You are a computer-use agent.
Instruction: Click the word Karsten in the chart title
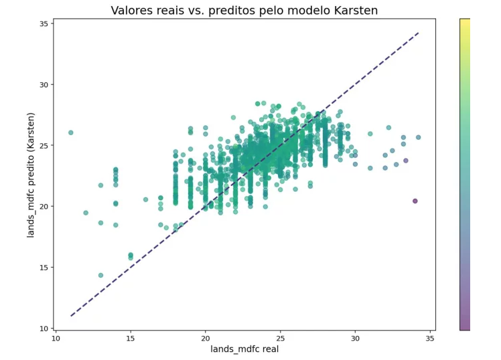[x=356, y=11]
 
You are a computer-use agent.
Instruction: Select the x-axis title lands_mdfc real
[x=244, y=349]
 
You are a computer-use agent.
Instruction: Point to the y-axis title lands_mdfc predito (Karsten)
[x=30, y=175]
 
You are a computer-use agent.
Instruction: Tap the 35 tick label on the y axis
[x=44, y=23]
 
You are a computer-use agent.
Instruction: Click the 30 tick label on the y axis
[x=44, y=84]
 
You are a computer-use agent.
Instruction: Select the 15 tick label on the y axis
[x=44, y=268]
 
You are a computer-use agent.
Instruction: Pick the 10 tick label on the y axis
[x=44, y=329]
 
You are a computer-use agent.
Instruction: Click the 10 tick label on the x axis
[x=56, y=339]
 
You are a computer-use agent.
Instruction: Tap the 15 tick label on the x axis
[x=131, y=339]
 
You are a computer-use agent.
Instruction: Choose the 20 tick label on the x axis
[x=206, y=339]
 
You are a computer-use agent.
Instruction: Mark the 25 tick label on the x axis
[x=280, y=339]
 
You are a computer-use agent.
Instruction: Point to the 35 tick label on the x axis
[x=430, y=339]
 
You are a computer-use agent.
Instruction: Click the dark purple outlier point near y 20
[x=415, y=201]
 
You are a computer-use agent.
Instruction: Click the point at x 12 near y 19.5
[x=86, y=213]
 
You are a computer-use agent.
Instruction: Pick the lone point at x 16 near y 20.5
[x=146, y=199]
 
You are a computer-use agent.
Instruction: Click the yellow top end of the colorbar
[x=465, y=21]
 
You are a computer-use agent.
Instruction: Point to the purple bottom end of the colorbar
[x=465, y=328]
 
